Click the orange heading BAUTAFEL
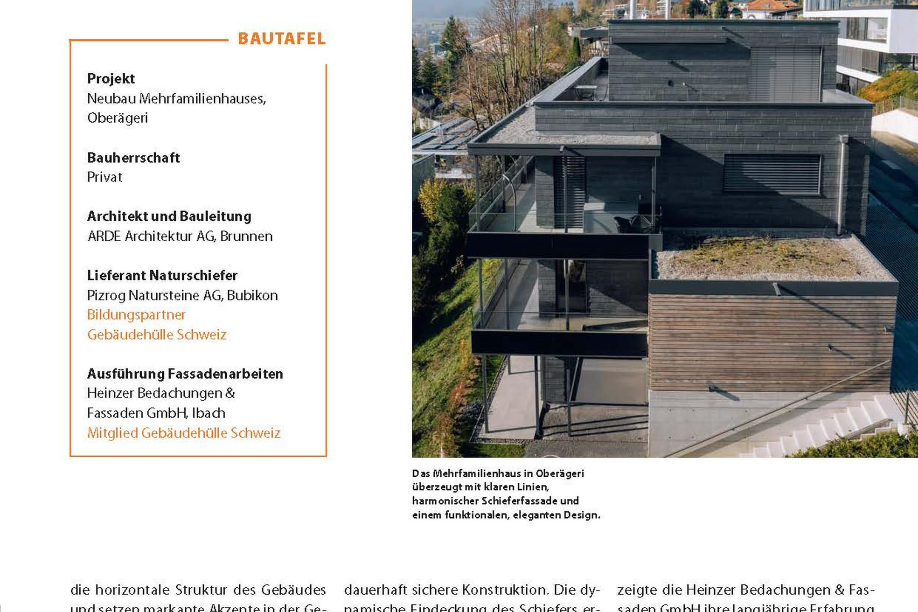click(281, 39)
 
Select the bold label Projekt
click(111, 78)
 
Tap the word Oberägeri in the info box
click(118, 118)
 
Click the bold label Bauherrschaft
click(133, 158)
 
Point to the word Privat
click(104, 177)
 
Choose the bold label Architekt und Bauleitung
click(169, 216)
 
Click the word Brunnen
click(246, 236)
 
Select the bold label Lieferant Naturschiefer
click(162, 276)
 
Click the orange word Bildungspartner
click(136, 315)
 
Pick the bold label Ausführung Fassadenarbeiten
click(185, 374)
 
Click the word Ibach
click(209, 413)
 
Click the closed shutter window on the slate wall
click(772, 174)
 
